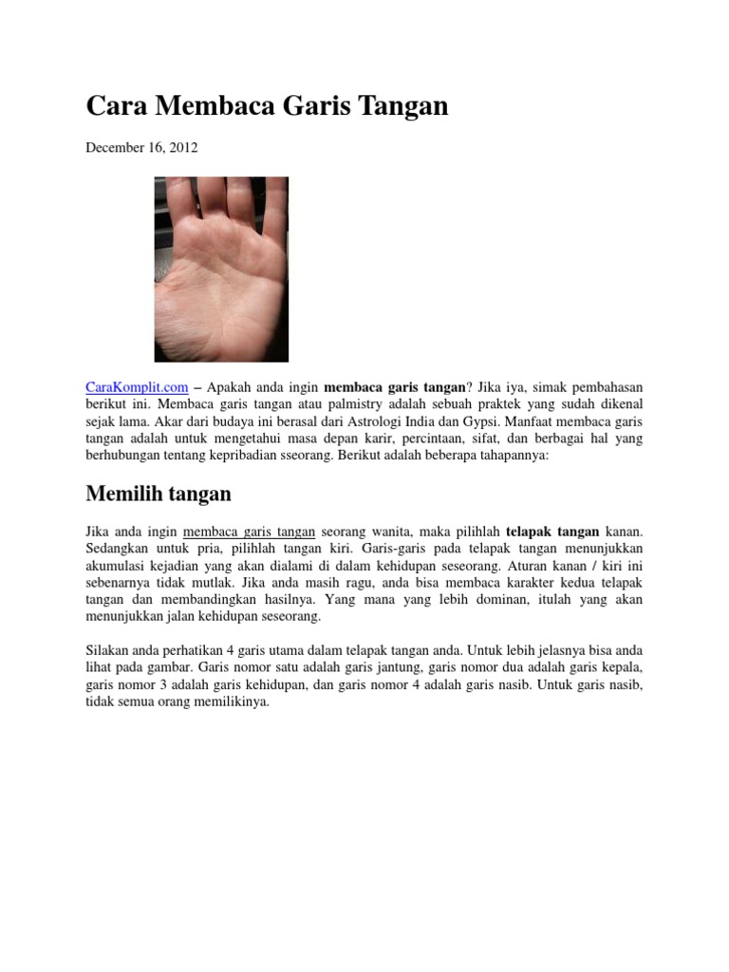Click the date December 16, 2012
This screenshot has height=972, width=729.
142,148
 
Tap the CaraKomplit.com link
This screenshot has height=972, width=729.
137,387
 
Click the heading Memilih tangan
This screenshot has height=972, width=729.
159,495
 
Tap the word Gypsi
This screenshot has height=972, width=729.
477,421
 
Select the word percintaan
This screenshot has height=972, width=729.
438,439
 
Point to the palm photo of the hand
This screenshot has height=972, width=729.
221,269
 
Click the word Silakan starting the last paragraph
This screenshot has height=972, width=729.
108,651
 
